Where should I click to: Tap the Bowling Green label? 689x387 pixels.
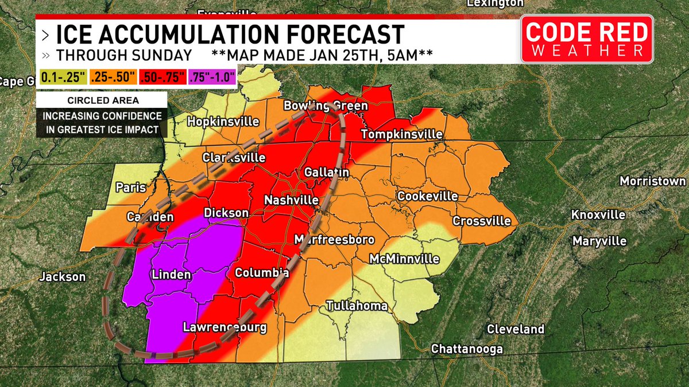pos(326,106)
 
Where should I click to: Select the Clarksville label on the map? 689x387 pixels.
pos(233,158)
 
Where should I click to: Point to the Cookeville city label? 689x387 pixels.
pos(428,196)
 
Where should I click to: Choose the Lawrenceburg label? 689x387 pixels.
pos(224,328)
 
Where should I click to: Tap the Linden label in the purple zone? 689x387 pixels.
pos(171,275)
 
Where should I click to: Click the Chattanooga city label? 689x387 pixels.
pos(467,349)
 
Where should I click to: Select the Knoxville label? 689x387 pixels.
pos(598,214)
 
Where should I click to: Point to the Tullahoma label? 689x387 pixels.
pos(356,306)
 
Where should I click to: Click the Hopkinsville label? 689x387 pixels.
pos(223,122)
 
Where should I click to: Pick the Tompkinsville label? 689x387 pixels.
pos(401,134)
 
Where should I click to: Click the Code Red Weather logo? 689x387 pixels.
pos(587,39)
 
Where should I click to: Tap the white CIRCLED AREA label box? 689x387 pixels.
pos(101,100)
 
